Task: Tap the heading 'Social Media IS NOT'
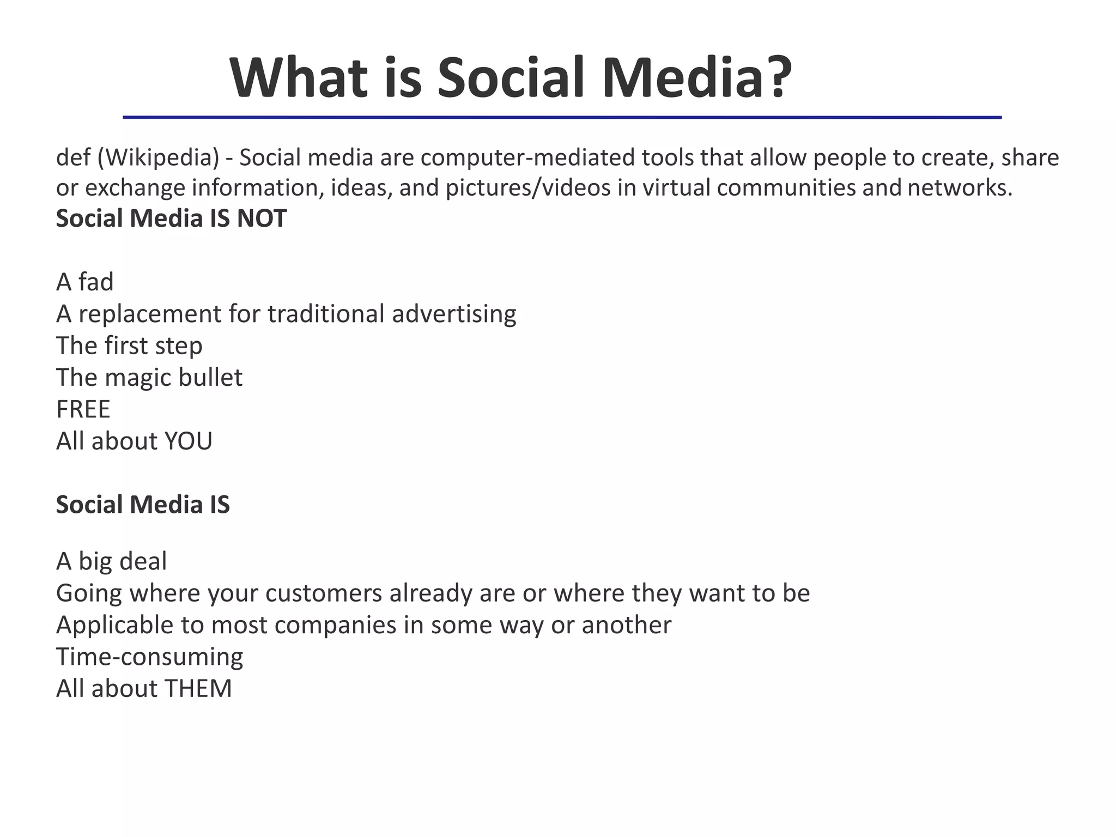coord(171,219)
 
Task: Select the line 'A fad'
coord(85,282)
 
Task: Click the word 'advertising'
coord(454,314)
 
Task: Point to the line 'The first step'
coord(129,346)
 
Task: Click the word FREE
coord(83,409)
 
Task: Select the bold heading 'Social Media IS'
coord(143,505)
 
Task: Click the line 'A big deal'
coord(112,561)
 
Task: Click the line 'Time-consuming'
coord(149,657)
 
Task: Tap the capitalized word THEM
coord(198,689)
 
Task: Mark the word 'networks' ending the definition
coord(959,188)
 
